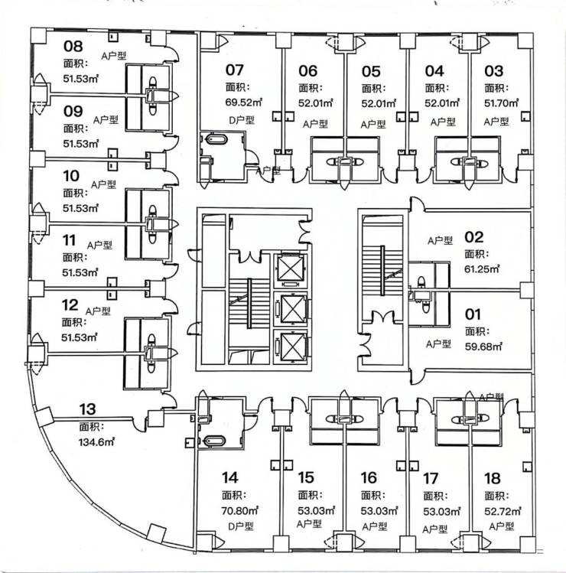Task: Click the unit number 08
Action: [x=73, y=45]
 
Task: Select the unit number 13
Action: [x=88, y=409]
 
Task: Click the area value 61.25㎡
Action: [x=483, y=269]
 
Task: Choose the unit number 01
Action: [x=473, y=314]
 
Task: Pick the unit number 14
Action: [x=230, y=478]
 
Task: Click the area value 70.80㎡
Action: [x=240, y=510]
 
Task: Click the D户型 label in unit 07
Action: [x=241, y=119]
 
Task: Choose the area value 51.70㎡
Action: [x=502, y=102]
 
